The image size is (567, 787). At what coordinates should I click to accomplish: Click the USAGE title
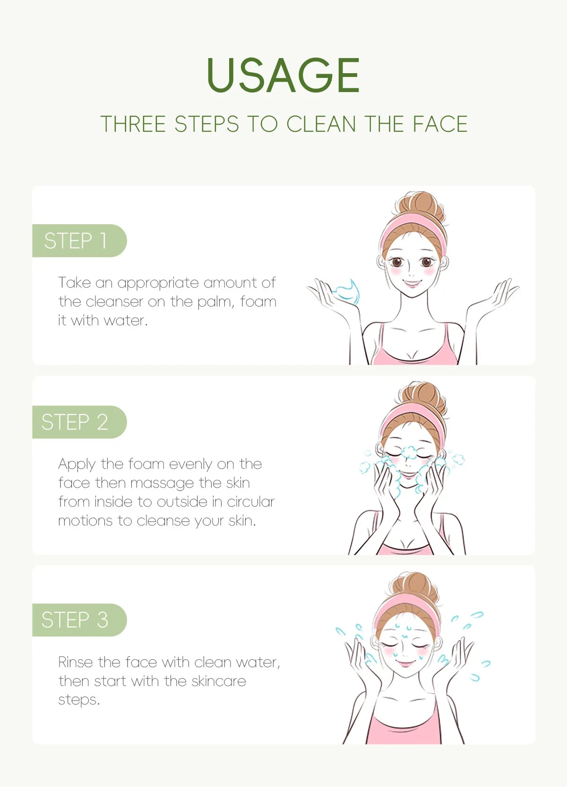coord(283,76)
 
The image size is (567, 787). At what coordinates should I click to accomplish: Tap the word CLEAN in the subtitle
coord(321,124)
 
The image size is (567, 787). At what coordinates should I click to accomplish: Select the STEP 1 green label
coord(76,241)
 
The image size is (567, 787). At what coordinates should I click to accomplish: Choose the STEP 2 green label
coord(76,422)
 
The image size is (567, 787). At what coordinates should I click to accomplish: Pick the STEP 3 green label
coord(76,620)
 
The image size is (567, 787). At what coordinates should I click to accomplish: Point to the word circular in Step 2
coord(250,502)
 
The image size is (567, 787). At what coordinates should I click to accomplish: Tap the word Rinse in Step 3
coord(76,662)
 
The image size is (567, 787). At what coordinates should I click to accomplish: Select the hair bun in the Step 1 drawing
coord(418,205)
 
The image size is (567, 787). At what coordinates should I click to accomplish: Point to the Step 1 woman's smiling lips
coord(412,284)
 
